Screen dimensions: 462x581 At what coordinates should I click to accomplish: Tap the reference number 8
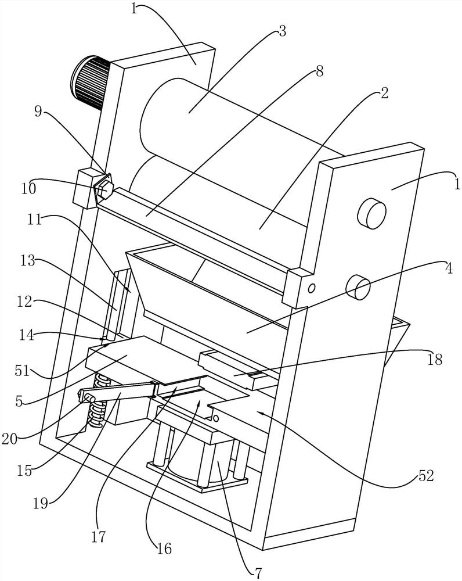coord(319,71)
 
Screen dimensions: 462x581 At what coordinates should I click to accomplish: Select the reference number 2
coord(384,94)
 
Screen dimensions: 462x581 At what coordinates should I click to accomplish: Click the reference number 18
coord(436,359)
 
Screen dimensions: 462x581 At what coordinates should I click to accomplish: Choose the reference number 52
coord(426,476)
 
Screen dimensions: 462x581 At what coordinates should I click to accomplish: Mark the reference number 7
coord(258,573)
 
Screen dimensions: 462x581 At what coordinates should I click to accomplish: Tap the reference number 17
coord(99,537)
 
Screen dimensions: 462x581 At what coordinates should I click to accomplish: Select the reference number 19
coord(41,504)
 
